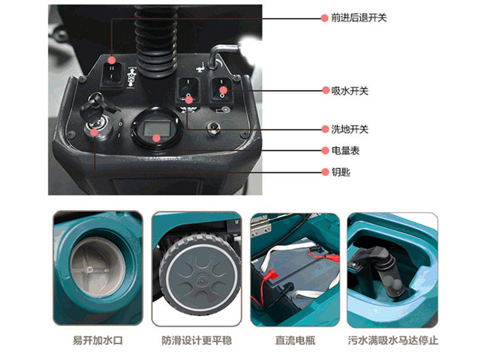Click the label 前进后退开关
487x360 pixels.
click(x=359, y=18)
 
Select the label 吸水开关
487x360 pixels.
click(x=350, y=91)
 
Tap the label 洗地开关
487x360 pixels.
click(x=350, y=129)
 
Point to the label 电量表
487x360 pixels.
click(x=345, y=150)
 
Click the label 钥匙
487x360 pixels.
click(x=341, y=172)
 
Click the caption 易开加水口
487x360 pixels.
click(x=98, y=340)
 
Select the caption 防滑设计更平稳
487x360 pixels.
click(x=197, y=340)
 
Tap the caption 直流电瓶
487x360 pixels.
click(x=295, y=340)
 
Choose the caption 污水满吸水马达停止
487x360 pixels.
click(x=393, y=340)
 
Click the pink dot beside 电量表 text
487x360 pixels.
click(x=325, y=150)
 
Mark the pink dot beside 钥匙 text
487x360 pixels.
click(x=325, y=172)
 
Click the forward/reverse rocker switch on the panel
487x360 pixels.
click(x=112, y=73)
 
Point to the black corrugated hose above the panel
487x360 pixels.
click(x=156, y=41)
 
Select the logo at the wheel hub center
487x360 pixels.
click(x=199, y=280)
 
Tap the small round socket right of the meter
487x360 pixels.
click(x=213, y=128)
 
